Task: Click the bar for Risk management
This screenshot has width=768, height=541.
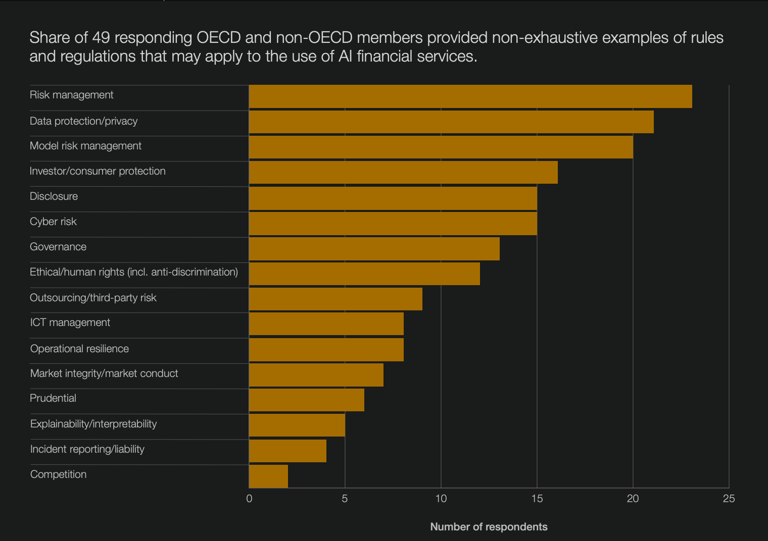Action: tap(470, 96)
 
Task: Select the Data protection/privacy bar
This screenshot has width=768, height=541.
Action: tap(451, 122)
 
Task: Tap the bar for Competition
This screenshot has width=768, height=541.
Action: tap(268, 476)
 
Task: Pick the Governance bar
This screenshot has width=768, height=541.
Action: tap(374, 249)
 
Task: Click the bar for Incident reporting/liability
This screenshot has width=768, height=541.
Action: tap(287, 451)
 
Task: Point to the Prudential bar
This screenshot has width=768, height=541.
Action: tap(306, 400)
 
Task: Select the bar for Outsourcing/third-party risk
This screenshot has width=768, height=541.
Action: tap(335, 299)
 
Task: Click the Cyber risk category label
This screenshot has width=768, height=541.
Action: tap(53, 222)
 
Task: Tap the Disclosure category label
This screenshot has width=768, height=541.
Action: tap(54, 196)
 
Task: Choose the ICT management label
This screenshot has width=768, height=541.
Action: tap(70, 322)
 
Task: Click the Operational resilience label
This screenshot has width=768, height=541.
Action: tap(79, 349)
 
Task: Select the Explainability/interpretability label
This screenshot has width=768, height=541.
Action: tap(93, 424)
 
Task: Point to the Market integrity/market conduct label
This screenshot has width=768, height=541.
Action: tap(104, 373)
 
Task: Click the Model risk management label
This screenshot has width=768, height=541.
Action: tap(85, 146)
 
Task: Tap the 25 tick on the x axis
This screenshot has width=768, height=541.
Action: tap(729, 499)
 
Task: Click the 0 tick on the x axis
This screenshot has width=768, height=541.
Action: tap(249, 499)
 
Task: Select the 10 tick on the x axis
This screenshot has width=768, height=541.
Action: tap(441, 499)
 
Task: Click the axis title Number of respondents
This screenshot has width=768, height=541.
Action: tap(489, 527)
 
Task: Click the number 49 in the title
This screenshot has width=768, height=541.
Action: tap(101, 38)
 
